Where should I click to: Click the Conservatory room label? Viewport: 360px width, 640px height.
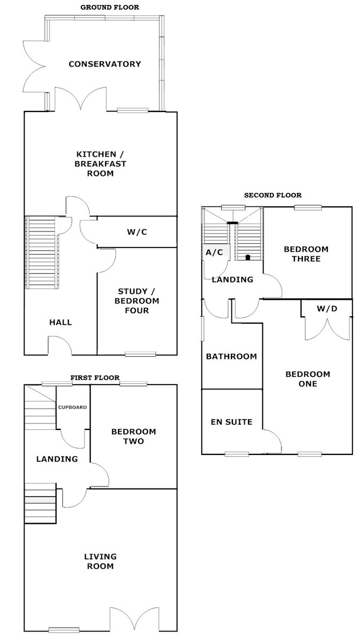point(105,64)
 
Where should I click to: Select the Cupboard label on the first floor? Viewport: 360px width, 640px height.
point(73,407)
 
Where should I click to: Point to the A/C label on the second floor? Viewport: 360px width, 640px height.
point(215,253)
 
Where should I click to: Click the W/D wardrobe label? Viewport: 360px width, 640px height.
point(326,309)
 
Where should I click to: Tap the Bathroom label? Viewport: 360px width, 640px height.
point(231,356)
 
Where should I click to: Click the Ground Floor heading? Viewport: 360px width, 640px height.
point(109,7)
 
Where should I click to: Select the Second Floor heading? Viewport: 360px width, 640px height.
point(273,195)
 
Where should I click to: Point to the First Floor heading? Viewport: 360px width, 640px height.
point(95,378)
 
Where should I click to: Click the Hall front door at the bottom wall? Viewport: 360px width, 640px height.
point(60,346)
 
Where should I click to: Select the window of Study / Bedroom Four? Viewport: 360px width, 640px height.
point(140,354)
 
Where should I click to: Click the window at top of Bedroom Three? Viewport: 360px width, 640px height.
point(308,207)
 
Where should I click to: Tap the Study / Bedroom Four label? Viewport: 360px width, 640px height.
point(138,301)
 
